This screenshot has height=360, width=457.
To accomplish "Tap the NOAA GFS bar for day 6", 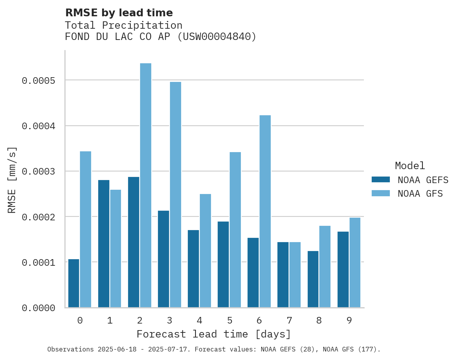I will coord(265,211).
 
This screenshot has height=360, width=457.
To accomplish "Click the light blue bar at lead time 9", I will coord(355,263).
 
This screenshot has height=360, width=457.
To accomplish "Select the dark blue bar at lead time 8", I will coord(313,279).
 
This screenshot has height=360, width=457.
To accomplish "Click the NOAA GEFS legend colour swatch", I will coord(381,180).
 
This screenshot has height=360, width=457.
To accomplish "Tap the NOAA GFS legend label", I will coord(420,194).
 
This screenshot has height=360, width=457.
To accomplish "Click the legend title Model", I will coord(410,166).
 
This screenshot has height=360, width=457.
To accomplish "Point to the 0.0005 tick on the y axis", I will coord(38,81).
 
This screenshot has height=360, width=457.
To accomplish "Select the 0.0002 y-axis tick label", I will coord(38,217).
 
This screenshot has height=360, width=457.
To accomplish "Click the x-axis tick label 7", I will coord(289,320).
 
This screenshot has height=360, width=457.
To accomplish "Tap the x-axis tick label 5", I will coord(229,320).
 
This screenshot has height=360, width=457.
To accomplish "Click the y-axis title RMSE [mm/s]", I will coord(12,180).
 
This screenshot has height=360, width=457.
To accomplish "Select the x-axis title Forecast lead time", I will coord(214,334).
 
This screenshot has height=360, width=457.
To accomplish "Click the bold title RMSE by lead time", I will coord(119,13).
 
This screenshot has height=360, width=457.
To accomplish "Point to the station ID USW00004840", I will coord(216,37).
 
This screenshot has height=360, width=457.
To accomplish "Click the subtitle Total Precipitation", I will coord(123,25).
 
